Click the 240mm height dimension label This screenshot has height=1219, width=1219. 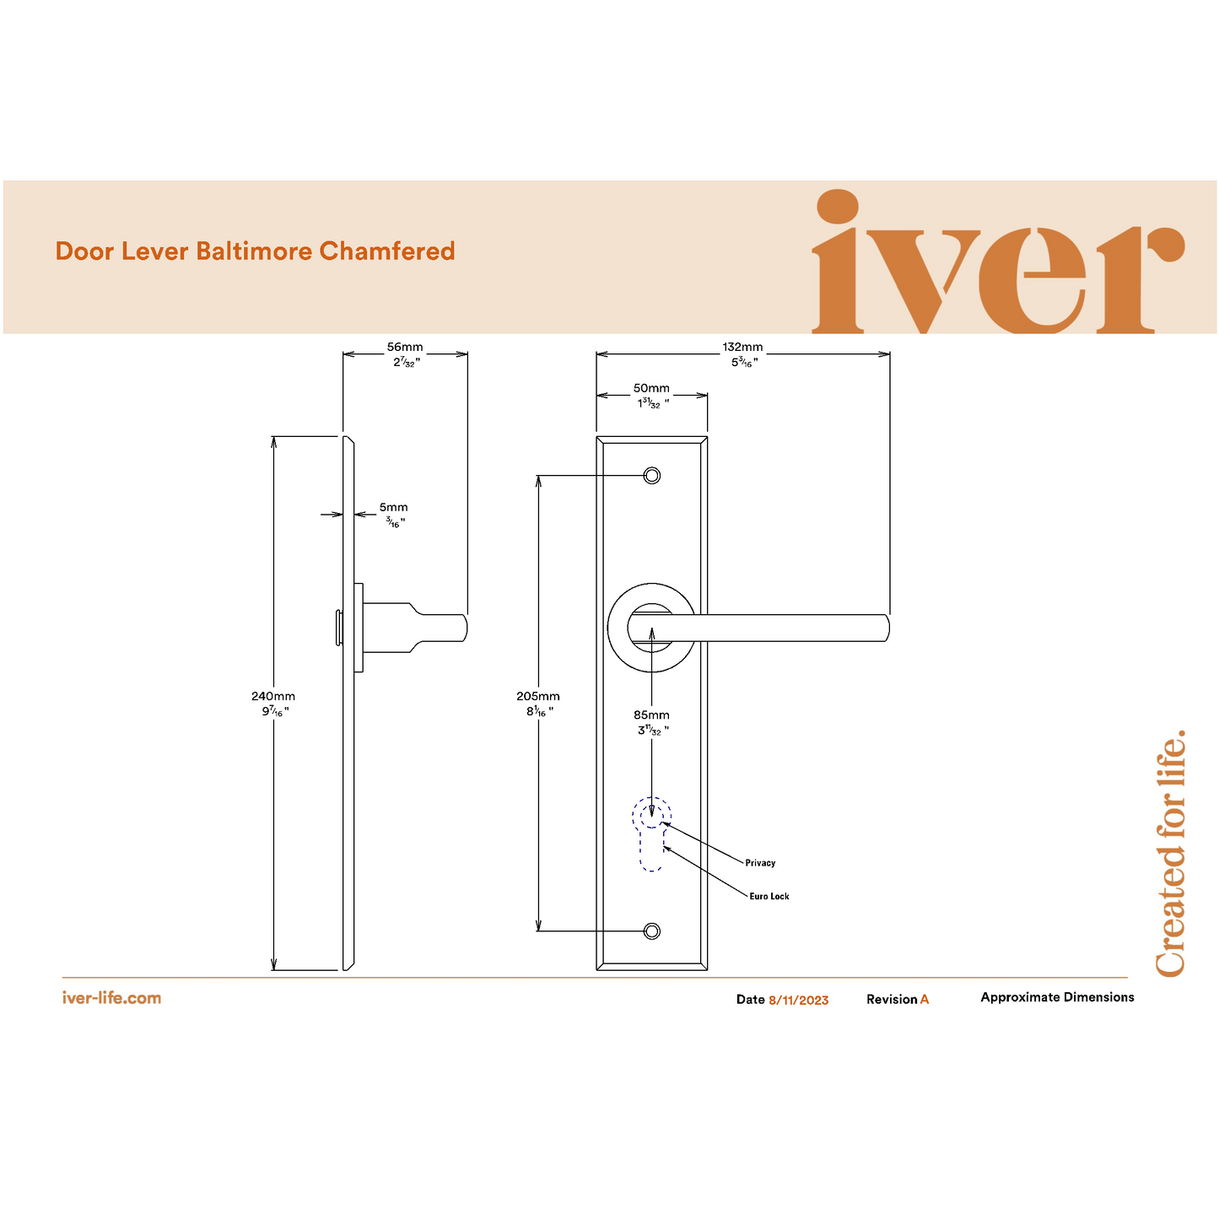[273, 697]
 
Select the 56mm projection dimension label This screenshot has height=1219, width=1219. [405, 348]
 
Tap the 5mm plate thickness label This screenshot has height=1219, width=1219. [393, 508]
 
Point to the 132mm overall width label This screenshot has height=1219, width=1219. [742, 348]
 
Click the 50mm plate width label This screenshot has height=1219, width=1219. [651, 389]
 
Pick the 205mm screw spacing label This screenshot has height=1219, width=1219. [538, 697]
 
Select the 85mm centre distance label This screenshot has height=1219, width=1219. [651, 715]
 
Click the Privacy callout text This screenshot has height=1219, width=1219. [760, 863]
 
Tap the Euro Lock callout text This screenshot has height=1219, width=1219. [769, 897]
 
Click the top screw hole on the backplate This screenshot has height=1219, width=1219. [651, 476]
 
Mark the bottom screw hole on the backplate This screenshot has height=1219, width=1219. [651, 931]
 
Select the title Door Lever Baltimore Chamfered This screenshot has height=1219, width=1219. [255, 251]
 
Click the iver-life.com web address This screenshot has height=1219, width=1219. [111, 998]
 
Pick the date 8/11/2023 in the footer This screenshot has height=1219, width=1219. [798, 1001]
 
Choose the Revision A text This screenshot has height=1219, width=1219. [898, 1000]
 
